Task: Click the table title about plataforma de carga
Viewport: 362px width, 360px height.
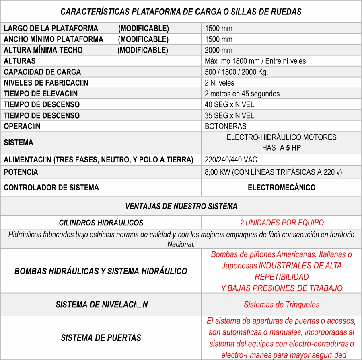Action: pos(181,12)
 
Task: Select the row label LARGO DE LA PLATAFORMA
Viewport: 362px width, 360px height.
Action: pos(51,29)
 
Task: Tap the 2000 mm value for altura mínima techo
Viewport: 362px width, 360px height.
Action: pos(218,50)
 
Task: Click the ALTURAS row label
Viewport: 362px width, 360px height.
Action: pos(20,61)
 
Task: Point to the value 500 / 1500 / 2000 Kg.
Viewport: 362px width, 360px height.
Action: pos(236,72)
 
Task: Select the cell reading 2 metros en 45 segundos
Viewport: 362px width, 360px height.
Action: pos(242,94)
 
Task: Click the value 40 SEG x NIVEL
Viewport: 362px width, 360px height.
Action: pos(229,104)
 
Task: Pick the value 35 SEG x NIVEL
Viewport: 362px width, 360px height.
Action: pos(229,115)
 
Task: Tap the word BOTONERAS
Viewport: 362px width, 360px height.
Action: pos(225,126)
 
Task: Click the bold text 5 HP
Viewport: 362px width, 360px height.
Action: pos(293,148)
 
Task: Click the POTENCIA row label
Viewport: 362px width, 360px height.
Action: pos(21,172)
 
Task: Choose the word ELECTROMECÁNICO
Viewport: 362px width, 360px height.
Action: pos(282,188)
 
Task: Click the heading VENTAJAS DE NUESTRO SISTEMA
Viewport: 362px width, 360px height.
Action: pos(181,206)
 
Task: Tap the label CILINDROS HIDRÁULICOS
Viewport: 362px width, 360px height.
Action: pos(101,223)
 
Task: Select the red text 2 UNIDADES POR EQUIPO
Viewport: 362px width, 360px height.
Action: pos(282,223)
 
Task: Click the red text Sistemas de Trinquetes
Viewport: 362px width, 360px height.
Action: pos(282,305)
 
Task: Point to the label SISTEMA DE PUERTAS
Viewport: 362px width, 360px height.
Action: pos(101,337)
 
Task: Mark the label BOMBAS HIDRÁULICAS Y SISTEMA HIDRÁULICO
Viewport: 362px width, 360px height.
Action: pos(101,271)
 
